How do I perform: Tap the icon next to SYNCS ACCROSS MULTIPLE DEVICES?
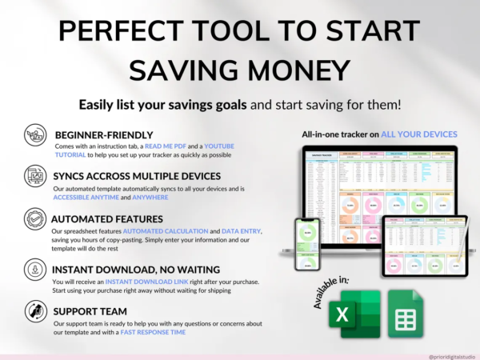tap(34, 175)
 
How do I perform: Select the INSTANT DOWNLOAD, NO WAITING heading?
tap(132, 269)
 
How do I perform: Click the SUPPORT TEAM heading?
tap(90, 310)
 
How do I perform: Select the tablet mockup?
tap(422, 244)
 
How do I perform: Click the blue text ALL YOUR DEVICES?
tap(419, 134)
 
